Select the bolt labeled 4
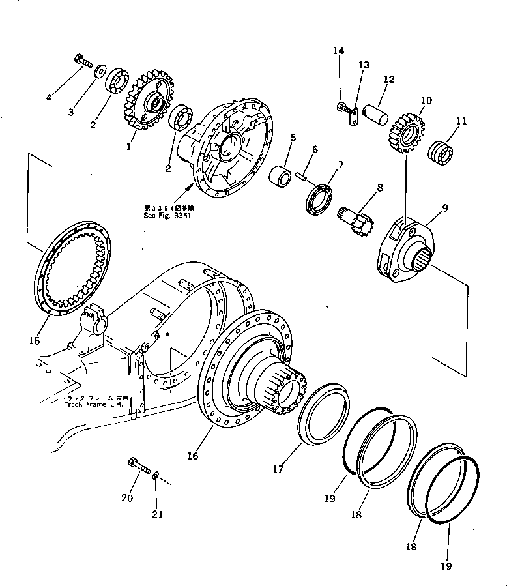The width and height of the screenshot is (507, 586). tap(82, 61)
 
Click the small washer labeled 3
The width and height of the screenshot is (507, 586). tap(100, 70)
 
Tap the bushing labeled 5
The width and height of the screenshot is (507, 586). tap(283, 176)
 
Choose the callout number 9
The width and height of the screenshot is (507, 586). tap(445, 209)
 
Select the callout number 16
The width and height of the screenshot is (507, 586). tap(193, 456)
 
